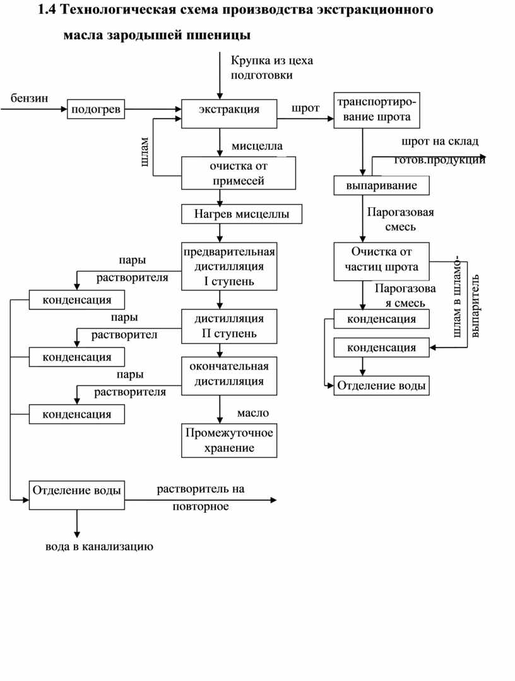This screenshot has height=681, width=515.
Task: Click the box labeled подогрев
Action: pyautogui.click(x=95, y=109)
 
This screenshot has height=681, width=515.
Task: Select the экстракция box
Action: pyautogui.click(x=228, y=114)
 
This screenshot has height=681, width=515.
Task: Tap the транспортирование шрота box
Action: pyautogui.click(x=377, y=111)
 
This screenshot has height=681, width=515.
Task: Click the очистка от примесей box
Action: pyautogui.click(x=238, y=173)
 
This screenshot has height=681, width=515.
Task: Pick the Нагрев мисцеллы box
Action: pyautogui.click(x=241, y=214)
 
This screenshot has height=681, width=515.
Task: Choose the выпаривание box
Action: pyautogui.click(x=381, y=186)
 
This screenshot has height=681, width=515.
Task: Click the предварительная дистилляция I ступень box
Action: pyautogui.click(x=228, y=266)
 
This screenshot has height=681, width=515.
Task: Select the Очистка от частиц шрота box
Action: pyautogui.click(x=381, y=262)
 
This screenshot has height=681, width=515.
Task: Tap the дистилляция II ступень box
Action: pyautogui.click(x=228, y=326)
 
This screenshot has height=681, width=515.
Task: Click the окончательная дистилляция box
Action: pyautogui.click(x=228, y=376)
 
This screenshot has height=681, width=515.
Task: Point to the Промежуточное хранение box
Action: pyautogui.click(x=228, y=440)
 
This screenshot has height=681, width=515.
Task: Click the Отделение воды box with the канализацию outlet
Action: pyautogui.click(x=77, y=495)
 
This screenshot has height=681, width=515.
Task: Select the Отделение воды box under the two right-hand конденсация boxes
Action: pyautogui.click(x=381, y=385)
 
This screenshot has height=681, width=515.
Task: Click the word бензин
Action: pyautogui.click(x=29, y=98)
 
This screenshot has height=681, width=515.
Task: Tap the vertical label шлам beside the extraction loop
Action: pyautogui.click(x=145, y=152)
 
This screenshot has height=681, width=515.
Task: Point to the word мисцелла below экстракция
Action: pyautogui.click(x=257, y=146)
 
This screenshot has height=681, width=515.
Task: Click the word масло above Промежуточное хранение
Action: pyautogui.click(x=253, y=413)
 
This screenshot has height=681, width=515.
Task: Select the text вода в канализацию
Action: pyautogui.click(x=99, y=546)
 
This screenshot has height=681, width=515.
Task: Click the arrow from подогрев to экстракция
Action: pyautogui.click(x=153, y=109)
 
